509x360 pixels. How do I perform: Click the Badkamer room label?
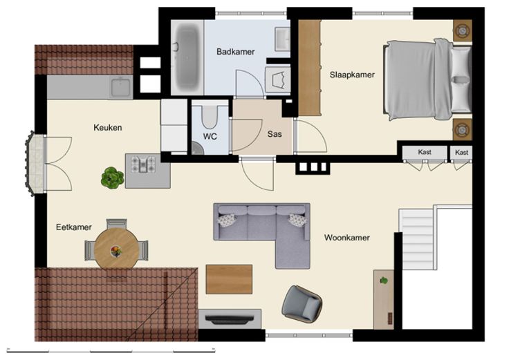tap(235, 52)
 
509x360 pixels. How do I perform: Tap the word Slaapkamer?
tap(352, 75)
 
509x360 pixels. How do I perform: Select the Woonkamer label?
tap(346, 238)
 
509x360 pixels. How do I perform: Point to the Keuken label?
tap(107, 127)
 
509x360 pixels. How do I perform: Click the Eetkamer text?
tap(74, 227)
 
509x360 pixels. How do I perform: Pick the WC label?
tap(210, 137)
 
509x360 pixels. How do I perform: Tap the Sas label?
tap(275, 134)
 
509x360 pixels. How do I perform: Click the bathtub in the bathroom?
tap(187, 58)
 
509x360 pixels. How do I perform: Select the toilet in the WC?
tap(209, 116)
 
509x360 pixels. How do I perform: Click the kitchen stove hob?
tap(142, 164)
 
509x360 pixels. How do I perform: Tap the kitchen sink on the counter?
tap(120, 87)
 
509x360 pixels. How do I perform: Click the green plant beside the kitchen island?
tap(112, 178)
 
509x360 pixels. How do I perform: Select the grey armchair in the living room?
tap(302, 304)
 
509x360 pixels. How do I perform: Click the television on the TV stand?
tap(229, 319)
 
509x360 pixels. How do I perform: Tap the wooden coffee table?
tap(229, 279)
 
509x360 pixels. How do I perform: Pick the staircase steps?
tap(418, 239)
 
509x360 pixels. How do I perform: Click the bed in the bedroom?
tap(427, 79)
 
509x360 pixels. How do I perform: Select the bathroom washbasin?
tap(282, 39)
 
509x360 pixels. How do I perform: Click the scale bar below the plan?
tap(111, 350)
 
